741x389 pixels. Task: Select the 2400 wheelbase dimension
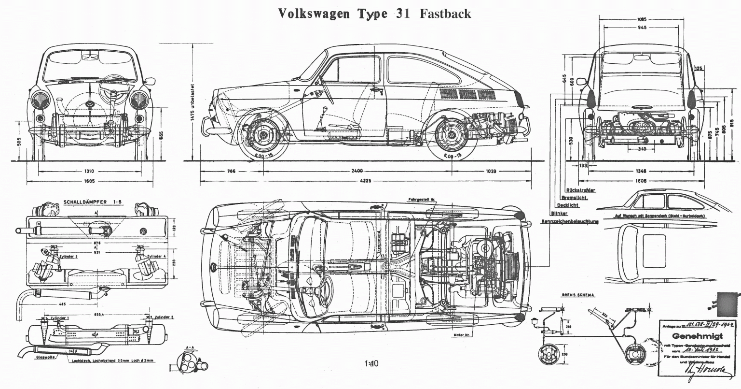(357, 171)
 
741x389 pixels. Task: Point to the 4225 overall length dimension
(357, 182)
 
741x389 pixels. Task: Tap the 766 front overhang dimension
(232, 171)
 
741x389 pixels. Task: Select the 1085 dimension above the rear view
(642, 19)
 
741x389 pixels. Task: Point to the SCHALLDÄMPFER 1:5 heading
(92, 202)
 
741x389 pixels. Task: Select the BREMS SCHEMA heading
(578, 294)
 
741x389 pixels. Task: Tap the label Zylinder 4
(157, 256)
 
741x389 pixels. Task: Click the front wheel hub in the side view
(264, 136)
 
